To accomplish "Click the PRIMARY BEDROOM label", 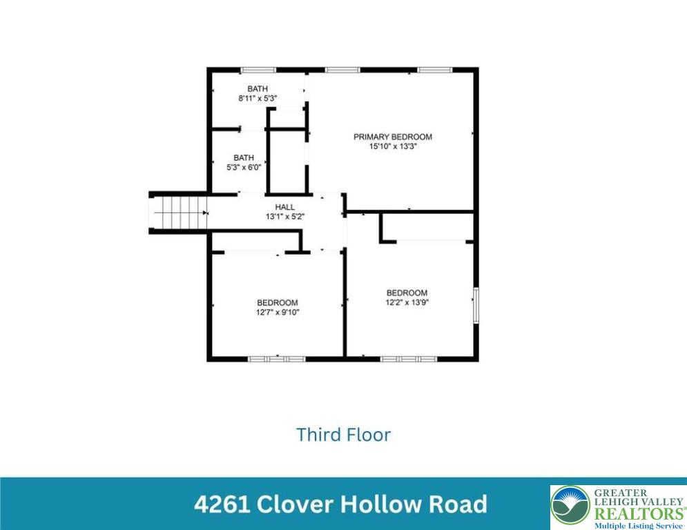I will [x=392, y=137].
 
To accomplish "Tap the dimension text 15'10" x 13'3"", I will [x=392, y=146].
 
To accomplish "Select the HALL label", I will [x=284, y=207].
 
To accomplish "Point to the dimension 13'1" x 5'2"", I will [x=284, y=217].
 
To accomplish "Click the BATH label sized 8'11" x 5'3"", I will [x=258, y=89].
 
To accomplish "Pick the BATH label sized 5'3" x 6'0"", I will [x=243, y=157].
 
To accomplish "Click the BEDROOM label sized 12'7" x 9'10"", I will [x=277, y=302].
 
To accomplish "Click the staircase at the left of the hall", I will [x=178, y=213].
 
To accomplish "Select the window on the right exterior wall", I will [x=475, y=304].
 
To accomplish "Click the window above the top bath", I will [x=258, y=70].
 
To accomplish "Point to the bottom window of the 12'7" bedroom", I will [x=276, y=359].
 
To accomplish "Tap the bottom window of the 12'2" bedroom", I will [x=408, y=359].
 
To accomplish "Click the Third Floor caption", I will [x=343, y=435].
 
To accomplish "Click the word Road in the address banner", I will [x=458, y=504].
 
